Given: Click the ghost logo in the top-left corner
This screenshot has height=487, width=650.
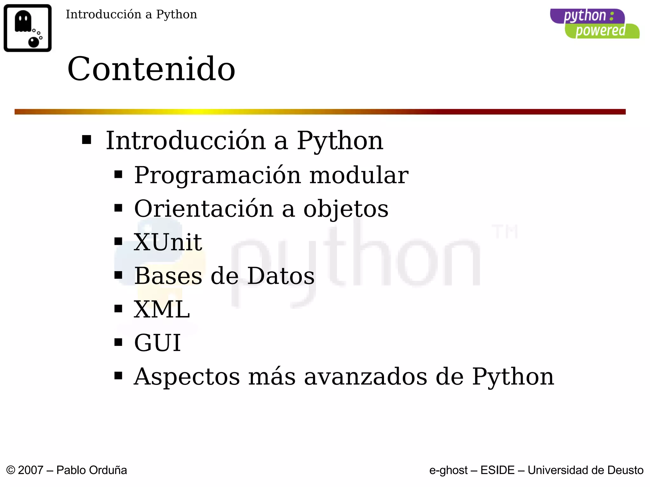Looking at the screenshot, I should tap(28, 28).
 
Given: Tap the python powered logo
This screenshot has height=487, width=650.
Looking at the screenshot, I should tap(594, 24).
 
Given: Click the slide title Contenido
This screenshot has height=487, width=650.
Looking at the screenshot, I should tap(151, 69).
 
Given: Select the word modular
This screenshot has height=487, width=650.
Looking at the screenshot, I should tap(359, 175).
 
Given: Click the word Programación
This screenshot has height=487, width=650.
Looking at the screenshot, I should tap(217, 176).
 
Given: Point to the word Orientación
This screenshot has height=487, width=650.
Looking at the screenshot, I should tap(204, 209).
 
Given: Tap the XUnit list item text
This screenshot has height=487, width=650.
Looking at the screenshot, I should tap(168, 242).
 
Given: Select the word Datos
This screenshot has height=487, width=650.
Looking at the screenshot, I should tap(281, 276).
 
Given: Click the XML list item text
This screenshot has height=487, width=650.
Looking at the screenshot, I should tap(162, 309).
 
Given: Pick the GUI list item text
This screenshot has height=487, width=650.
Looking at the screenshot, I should tap(157, 343).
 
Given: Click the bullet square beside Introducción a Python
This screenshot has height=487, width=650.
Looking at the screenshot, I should tap(87, 140).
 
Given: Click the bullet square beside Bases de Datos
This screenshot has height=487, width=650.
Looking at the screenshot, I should tap(118, 275).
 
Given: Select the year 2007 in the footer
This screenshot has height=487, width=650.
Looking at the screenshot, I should tap(30, 470).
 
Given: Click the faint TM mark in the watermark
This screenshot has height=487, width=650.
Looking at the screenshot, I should tap(505, 231).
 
